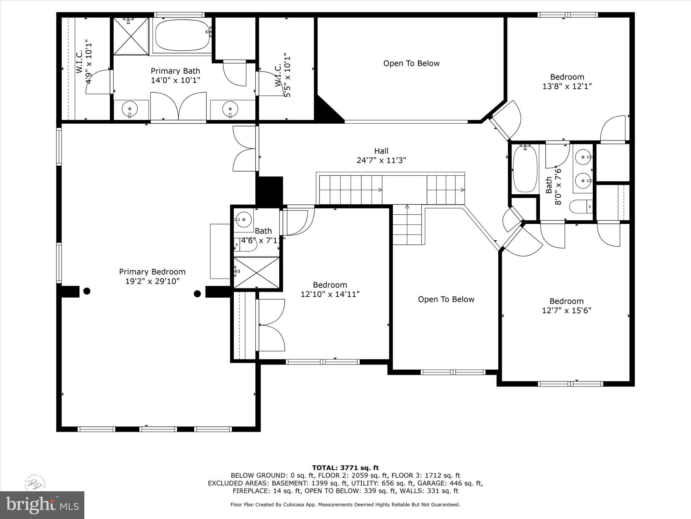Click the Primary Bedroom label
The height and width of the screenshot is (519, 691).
coord(152,272)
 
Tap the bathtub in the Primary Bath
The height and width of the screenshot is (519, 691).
coord(182,35)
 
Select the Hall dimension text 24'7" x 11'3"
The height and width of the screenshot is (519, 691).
coord(381,160)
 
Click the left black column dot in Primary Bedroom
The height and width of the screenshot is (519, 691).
coord(87,291)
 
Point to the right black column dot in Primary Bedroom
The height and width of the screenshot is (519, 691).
coord(197,294)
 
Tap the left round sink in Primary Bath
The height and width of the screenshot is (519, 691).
coord(130,109)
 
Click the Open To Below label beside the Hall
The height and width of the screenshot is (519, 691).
coord(411,64)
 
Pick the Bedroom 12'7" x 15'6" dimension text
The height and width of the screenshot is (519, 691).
coord(566,310)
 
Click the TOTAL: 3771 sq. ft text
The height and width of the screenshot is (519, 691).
coord(345,468)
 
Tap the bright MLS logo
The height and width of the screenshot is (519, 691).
coord(42,505)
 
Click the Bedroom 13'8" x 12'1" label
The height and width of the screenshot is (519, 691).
coord(567,77)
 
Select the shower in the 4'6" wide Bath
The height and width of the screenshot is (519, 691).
coord(256,273)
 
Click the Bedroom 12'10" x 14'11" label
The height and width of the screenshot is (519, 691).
coord(330,285)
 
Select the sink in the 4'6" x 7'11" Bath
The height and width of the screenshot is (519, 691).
coord(243,220)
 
